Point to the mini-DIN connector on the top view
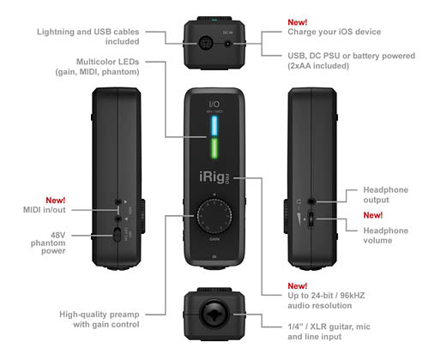click(x=203, y=38)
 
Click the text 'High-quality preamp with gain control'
click(x=95, y=318)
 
